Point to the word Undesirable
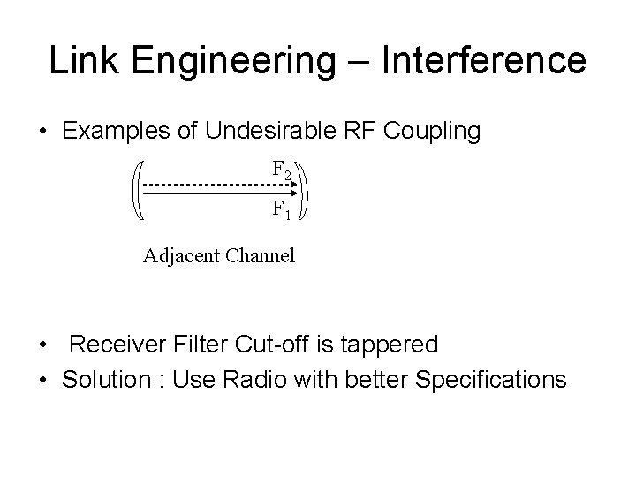pos(279,132)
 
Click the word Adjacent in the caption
pos(181,258)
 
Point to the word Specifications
pos(489,382)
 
